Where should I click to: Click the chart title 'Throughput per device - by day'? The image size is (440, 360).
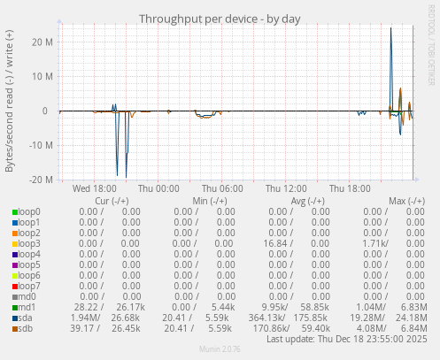[x=220, y=19]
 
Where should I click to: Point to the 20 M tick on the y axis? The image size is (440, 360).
[x=42, y=42]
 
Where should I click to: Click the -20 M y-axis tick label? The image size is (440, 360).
[x=40, y=180]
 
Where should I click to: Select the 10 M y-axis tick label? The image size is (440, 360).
[x=42, y=76]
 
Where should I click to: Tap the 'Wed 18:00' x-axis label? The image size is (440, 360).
[x=95, y=188]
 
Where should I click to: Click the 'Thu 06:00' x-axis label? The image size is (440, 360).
[x=222, y=188]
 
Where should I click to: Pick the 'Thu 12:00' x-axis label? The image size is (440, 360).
[x=286, y=188]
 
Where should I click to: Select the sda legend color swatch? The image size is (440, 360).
[x=15, y=318]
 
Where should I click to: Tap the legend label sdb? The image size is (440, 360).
[x=25, y=328]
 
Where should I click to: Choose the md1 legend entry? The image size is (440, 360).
[x=26, y=307]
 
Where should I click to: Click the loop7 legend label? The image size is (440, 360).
[x=28, y=286]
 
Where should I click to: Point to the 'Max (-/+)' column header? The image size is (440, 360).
[x=406, y=201]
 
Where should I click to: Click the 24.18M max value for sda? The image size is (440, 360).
[x=410, y=318]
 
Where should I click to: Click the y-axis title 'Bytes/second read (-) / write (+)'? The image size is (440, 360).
[x=10, y=100]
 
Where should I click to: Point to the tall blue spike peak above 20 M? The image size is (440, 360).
[x=391, y=29]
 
